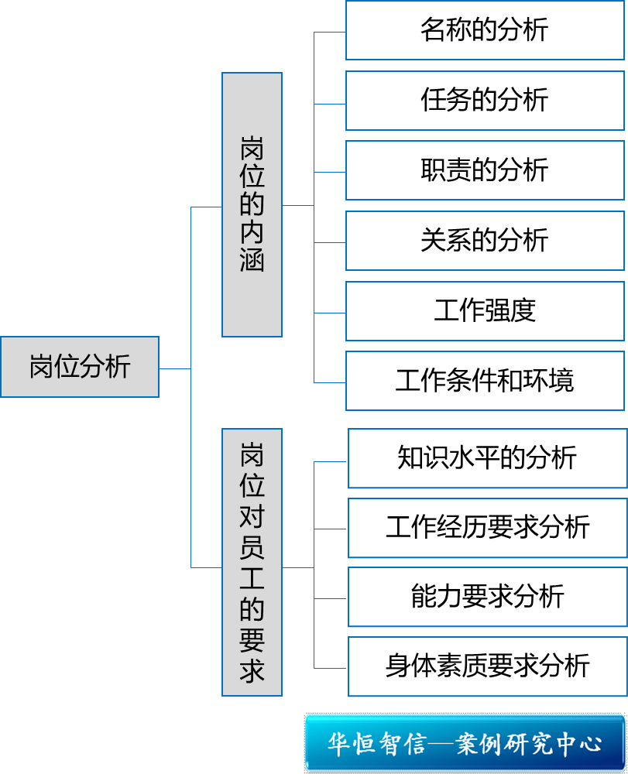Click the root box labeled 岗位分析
pyautogui.click(x=80, y=367)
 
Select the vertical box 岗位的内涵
pyautogui.click(x=252, y=204)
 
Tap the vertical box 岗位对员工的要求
pyautogui.click(x=252, y=562)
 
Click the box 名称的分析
pyautogui.click(x=484, y=31)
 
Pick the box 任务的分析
pyautogui.click(x=484, y=101)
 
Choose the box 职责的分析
pyautogui.click(x=484, y=170)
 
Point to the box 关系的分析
pyautogui.click(x=484, y=241)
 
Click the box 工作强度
pyautogui.click(x=484, y=311)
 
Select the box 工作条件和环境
pyautogui.click(x=484, y=381)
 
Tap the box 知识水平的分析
pyautogui.click(x=486, y=458)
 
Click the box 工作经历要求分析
pyautogui.click(x=486, y=528)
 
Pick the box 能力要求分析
pyautogui.click(x=486, y=597)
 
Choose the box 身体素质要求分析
pyautogui.click(x=486, y=666)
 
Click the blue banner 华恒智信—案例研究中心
pyautogui.click(x=465, y=744)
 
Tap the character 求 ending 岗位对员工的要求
pyautogui.click(x=252, y=670)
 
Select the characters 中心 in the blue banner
pyautogui.click(x=581, y=745)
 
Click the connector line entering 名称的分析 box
pyautogui.click(x=330, y=33)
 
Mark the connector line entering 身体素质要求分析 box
pyautogui.click(x=331, y=668)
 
